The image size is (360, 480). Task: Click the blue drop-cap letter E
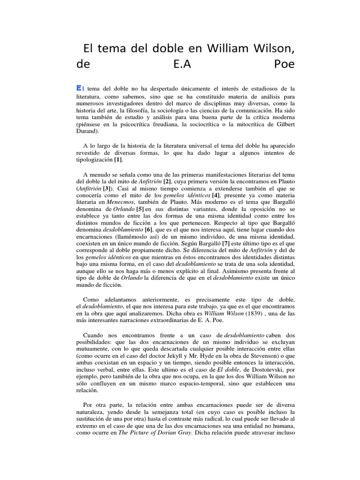pyautogui.click(x=78, y=88)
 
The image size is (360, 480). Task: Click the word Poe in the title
pyautogui.click(x=284, y=64)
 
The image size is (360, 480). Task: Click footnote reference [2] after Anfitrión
pyautogui.click(x=167, y=181)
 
